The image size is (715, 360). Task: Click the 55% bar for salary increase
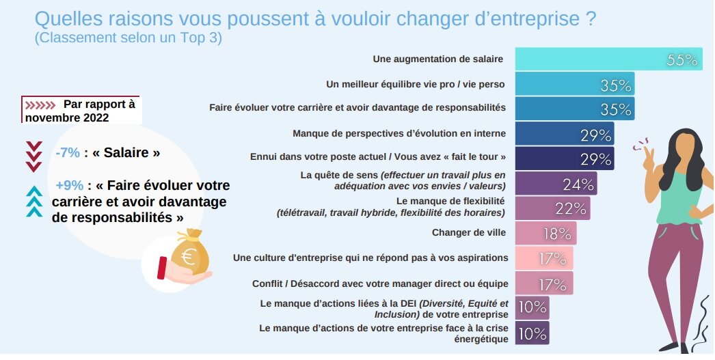(607, 59)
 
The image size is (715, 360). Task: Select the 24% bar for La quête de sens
(555, 184)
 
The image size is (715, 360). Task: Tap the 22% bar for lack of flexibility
(552, 208)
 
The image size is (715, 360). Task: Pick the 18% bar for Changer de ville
(545, 233)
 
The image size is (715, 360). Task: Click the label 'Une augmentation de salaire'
(438, 59)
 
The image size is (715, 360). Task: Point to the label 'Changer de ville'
(468, 233)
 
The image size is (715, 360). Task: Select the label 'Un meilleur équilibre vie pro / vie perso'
(416, 85)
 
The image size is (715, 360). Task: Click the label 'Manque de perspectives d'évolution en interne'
(399, 134)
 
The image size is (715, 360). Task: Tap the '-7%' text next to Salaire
(68, 153)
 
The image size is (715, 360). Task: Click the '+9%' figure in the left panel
(69, 186)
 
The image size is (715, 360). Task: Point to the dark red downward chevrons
(33, 156)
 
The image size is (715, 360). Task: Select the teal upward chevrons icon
(33, 202)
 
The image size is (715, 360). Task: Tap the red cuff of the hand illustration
(163, 267)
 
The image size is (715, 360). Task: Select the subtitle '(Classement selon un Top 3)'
(129, 38)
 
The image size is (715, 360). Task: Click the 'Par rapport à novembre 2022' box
(81, 110)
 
